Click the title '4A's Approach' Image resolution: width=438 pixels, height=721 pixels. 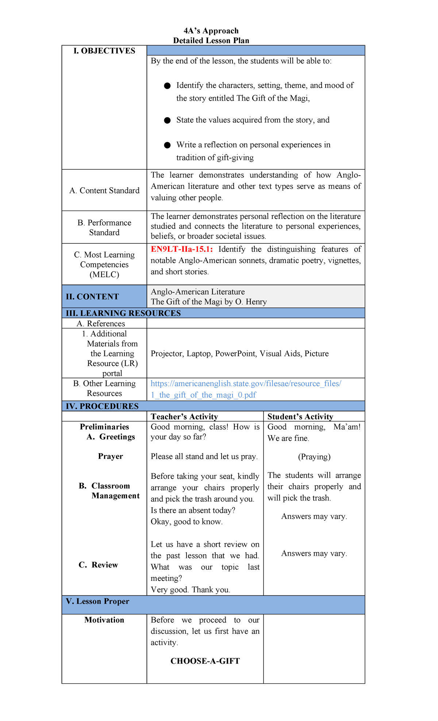tap(211, 31)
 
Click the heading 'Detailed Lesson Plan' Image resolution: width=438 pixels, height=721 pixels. tap(211, 41)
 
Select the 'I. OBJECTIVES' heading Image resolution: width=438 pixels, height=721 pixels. tap(104, 51)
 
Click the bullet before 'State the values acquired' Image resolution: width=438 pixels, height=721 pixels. tap(167, 120)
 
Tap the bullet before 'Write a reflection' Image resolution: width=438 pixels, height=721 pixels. tap(167, 145)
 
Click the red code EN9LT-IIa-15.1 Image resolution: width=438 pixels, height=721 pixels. tap(181, 249)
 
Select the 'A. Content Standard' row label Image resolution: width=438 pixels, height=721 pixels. tap(104, 190)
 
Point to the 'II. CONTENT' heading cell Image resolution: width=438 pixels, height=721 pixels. tap(92, 297)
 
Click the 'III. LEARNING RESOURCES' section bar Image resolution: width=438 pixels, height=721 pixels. tap(123, 313)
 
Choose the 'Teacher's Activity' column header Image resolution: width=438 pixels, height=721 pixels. tap(184, 417)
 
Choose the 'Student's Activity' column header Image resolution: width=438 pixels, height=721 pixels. tap(300, 417)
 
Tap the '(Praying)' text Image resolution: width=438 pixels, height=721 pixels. tap(314, 457)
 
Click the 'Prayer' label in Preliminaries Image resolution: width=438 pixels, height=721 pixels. tap(110, 456)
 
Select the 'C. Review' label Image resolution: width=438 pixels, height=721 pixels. tap(99, 565)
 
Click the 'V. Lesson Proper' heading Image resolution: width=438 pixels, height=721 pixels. tap(97, 601)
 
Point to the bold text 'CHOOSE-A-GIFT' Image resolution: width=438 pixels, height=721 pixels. tap(205, 661)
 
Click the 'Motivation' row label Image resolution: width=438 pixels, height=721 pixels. tap(104, 620)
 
